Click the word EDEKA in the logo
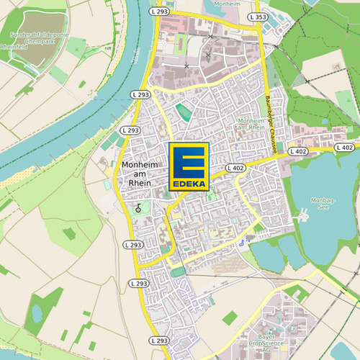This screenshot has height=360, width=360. tap(189, 184)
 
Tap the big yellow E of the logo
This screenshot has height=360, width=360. tap(189, 161)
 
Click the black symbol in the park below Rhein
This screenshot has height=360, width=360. tap(138, 207)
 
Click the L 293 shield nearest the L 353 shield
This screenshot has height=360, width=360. tap(161, 12)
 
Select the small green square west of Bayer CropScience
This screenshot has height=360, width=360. tap(230, 318)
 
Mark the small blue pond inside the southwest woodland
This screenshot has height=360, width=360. tap(36, 313)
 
